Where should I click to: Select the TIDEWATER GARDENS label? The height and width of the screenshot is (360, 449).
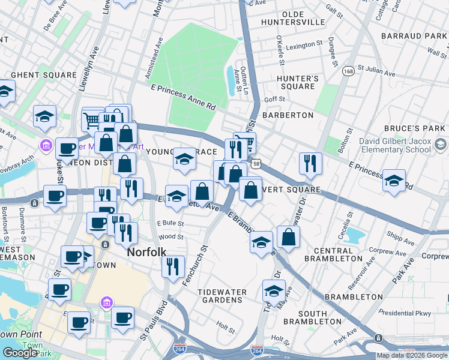coord(222,296)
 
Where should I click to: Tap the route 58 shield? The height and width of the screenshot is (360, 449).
coord(256,163)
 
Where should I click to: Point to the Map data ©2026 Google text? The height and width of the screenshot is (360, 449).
coord(412,355)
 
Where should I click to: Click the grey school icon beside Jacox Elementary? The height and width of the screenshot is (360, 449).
coord(440,145)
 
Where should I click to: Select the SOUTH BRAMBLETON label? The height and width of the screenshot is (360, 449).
coord(321,317)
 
